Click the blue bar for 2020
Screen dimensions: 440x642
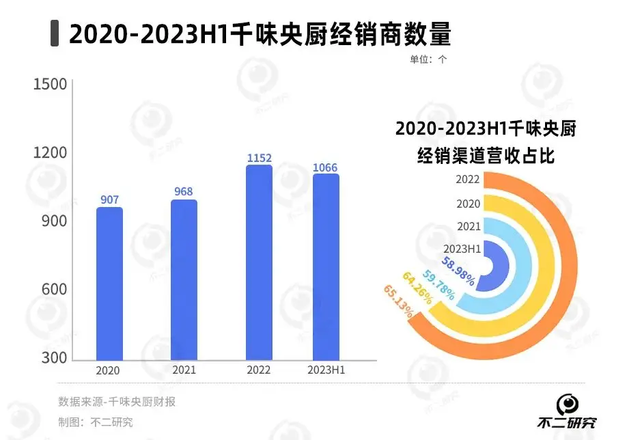coord(109,284)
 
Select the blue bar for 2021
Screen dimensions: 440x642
coord(184,280)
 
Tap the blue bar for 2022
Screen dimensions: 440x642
coord(259,263)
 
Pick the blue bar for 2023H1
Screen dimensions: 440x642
coord(326,267)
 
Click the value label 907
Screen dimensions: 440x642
coord(109,200)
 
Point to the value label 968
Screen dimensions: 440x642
coord(184,192)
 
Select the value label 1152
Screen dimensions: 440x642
coord(259,158)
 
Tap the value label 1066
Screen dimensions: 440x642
coord(325,167)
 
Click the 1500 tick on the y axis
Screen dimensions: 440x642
coord(51,84)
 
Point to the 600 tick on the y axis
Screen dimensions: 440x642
coord(53,290)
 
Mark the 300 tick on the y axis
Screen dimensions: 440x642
coord(53,358)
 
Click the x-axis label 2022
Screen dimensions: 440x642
coord(258,370)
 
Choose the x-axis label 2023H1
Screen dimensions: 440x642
coord(325,370)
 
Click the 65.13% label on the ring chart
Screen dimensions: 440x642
coord(398,301)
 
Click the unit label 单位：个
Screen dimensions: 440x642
coord(428,59)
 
